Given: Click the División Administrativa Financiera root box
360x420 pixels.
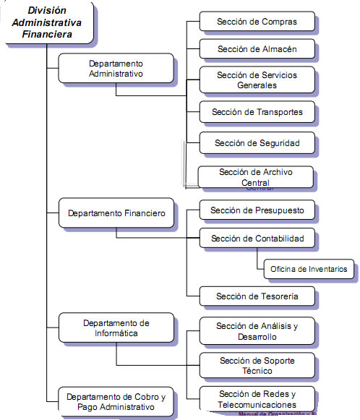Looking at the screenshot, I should [46, 22].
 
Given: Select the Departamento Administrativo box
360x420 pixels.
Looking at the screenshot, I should [116, 68].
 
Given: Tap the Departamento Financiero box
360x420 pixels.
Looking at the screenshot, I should [116, 213].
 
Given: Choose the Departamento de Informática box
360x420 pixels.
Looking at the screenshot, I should [116, 327].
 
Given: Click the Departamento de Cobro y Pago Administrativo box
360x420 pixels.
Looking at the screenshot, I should [116, 402].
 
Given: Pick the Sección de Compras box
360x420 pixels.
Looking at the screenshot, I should [257, 22].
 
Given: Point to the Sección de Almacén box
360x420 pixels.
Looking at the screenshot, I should [257, 49].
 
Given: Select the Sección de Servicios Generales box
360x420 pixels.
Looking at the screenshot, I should [257, 80].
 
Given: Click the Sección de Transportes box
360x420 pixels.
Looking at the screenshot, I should [257, 112].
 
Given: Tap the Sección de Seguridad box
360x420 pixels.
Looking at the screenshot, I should [257, 143].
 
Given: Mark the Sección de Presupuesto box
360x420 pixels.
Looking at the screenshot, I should [257, 210].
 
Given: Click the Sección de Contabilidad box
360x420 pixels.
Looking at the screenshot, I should [257, 238].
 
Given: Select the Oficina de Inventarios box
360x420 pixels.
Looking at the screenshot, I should [309, 269].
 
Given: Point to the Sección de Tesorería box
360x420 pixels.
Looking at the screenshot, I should [257, 296].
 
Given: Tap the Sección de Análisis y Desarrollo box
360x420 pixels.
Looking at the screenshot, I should [257, 331].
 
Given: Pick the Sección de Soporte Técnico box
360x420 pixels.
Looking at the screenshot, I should [257, 365].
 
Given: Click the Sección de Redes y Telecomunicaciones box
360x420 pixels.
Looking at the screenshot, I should [257, 398].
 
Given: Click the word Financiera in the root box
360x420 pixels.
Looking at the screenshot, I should [46, 34].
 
